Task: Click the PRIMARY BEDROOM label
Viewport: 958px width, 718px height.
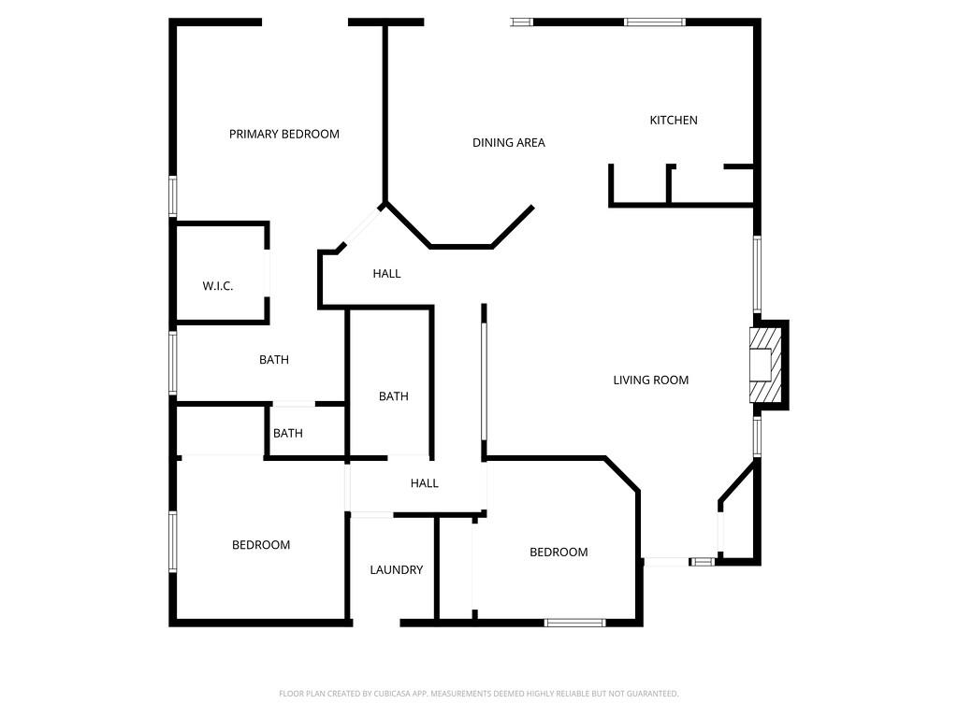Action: (283, 134)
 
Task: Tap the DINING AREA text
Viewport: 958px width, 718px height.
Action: (508, 143)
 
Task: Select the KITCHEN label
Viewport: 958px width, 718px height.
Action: (674, 120)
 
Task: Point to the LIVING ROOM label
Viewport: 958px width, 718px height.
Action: (650, 380)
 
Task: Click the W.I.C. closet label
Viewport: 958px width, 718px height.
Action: (218, 286)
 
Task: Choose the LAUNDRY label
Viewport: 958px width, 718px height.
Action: (396, 569)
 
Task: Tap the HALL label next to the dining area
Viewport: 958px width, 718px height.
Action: (386, 274)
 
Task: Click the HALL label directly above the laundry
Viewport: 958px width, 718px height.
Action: (424, 483)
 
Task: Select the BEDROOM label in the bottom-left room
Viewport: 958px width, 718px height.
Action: (261, 545)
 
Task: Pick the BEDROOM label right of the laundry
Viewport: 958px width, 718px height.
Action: (559, 553)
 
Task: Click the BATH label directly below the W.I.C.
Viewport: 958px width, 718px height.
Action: (274, 360)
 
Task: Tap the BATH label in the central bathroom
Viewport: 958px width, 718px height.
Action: (393, 396)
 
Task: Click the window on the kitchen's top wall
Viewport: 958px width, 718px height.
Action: (655, 22)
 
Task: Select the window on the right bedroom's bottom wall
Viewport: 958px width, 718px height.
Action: (575, 623)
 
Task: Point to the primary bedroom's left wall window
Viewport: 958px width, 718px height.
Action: (173, 196)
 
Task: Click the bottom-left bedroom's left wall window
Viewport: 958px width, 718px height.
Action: (173, 541)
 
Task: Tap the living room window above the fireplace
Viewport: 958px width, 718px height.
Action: (758, 273)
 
